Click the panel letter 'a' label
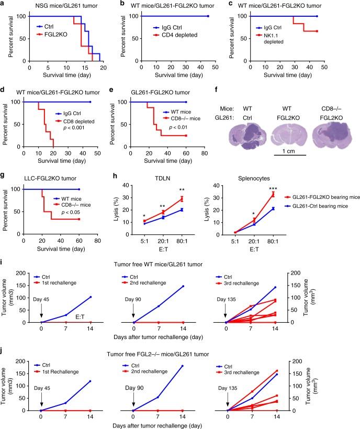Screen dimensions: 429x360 [4, 5]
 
